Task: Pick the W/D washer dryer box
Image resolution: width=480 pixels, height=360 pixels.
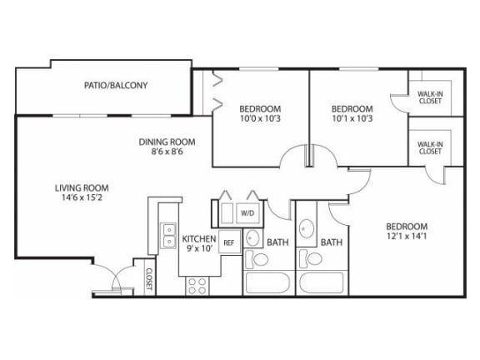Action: click(247, 213)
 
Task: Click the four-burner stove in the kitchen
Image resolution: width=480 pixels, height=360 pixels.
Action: click(197, 285)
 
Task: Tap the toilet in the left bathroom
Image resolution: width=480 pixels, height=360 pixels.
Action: click(260, 260)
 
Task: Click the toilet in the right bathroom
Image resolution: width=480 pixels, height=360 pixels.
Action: click(312, 260)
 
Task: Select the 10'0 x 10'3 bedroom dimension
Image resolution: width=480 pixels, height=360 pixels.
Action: click(261, 118)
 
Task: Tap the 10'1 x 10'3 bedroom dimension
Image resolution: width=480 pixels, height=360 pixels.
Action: click(352, 118)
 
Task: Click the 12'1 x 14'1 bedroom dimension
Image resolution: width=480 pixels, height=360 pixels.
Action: click(406, 237)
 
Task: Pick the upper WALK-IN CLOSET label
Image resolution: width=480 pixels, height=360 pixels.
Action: click(431, 98)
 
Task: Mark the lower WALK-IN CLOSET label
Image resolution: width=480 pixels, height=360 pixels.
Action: click(430, 148)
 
